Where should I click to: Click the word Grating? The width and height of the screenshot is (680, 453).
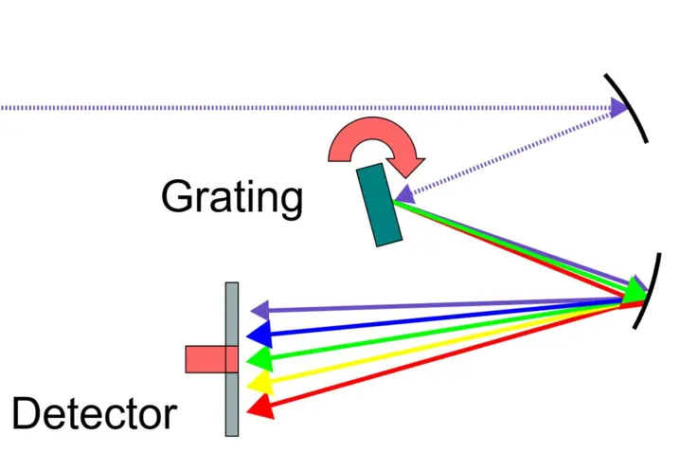click(232, 198)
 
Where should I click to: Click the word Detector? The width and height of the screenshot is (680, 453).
click(94, 414)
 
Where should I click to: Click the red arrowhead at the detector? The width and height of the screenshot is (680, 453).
click(259, 408)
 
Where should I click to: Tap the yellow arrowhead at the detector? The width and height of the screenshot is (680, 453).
click(258, 382)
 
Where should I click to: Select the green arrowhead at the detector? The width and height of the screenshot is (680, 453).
click(259, 358)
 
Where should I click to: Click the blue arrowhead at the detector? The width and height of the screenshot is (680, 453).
click(259, 334)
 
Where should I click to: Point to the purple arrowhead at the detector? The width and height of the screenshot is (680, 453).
click(259, 310)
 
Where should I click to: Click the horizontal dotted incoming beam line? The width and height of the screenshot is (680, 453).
click(284, 108)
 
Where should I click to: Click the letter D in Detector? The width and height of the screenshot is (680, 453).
click(28, 414)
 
